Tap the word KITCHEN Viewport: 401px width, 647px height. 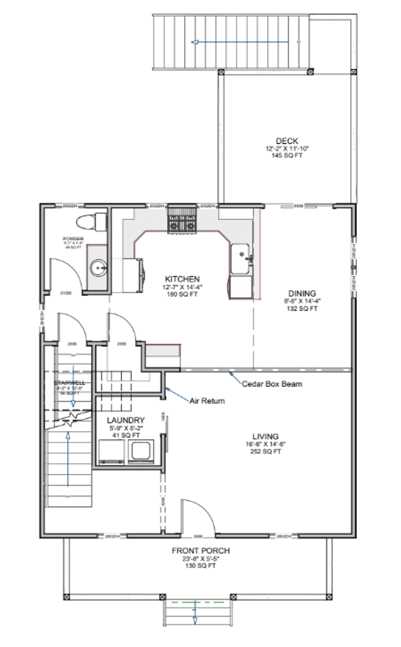point(182,278)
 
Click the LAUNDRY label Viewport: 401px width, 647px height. point(126,420)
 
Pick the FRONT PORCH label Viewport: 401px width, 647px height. point(199,551)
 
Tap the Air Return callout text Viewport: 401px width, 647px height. point(207,401)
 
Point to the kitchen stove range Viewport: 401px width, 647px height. point(182,221)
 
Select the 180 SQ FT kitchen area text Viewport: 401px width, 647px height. point(182,294)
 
